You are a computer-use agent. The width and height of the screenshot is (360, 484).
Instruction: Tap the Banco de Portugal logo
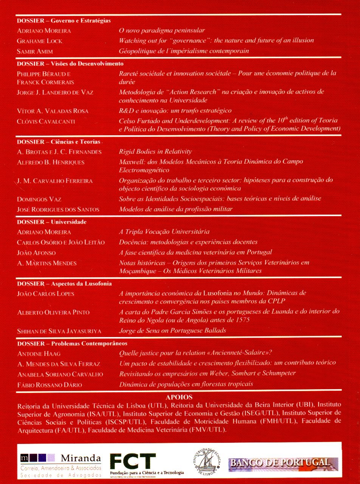click(278, 463)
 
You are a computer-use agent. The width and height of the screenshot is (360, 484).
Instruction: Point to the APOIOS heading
click(179, 397)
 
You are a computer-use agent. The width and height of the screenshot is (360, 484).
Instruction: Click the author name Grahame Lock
click(40, 41)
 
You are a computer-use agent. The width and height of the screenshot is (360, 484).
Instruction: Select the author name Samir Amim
click(35, 51)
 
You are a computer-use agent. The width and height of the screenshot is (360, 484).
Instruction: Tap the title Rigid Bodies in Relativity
click(155, 152)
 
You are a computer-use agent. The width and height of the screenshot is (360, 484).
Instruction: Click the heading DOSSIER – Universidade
click(52, 222)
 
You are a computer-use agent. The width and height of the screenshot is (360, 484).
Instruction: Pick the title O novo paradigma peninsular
click(162, 31)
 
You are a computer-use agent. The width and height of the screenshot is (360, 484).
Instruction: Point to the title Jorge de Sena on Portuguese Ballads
click(172, 330)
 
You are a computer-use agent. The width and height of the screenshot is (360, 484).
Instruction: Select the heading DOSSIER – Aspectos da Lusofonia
click(64, 283)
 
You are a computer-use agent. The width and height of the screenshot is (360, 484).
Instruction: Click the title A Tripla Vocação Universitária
click(164, 232)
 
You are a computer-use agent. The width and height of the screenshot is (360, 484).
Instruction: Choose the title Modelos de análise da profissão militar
click(176, 209)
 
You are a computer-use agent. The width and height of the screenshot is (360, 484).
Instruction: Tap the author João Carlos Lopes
click(46, 294)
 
